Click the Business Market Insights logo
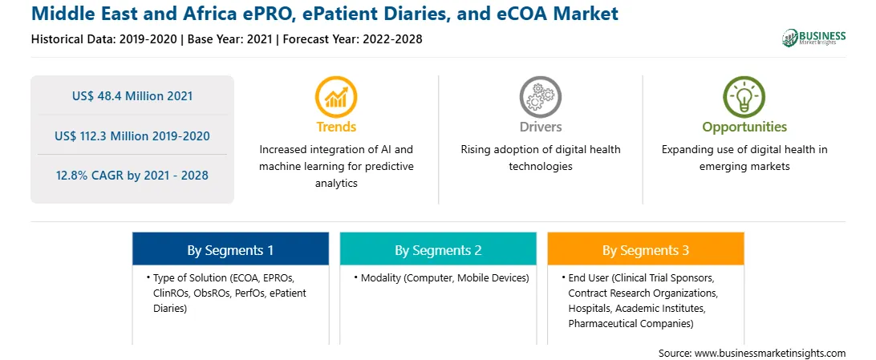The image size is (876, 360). [x=814, y=38]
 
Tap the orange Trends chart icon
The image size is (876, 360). [x=336, y=96]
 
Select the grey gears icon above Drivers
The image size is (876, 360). [x=540, y=96]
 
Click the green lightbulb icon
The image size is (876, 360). [x=744, y=96]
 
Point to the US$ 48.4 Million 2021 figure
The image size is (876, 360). [x=132, y=96]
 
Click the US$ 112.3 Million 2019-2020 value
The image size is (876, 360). [x=132, y=136]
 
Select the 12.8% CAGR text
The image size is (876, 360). [x=132, y=176]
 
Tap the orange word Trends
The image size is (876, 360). [x=336, y=127]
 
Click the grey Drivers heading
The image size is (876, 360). [x=540, y=127]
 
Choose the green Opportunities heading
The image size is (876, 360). [x=744, y=127]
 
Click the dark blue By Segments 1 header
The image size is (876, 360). [x=230, y=249]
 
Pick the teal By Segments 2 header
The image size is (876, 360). [x=438, y=249]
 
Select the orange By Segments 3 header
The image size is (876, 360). [x=646, y=249]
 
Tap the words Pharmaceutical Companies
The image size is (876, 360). [x=631, y=323]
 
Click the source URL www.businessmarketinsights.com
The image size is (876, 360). [x=770, y=354]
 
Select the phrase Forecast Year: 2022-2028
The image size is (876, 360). [x=352, y=39]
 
